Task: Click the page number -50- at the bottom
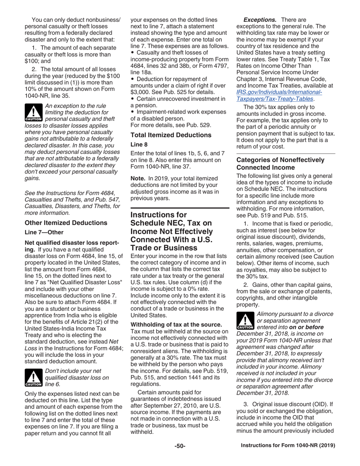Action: click(x=180, y=446)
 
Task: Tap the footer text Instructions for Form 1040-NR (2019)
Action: click(x=288, y=446)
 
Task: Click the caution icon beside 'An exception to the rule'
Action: click(x=33, y=112)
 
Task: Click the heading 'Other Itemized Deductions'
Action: click(x=66, y=223)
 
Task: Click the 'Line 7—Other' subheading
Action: click(x=44, y=232)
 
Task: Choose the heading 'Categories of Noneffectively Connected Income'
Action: click(x=280, y=164)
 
